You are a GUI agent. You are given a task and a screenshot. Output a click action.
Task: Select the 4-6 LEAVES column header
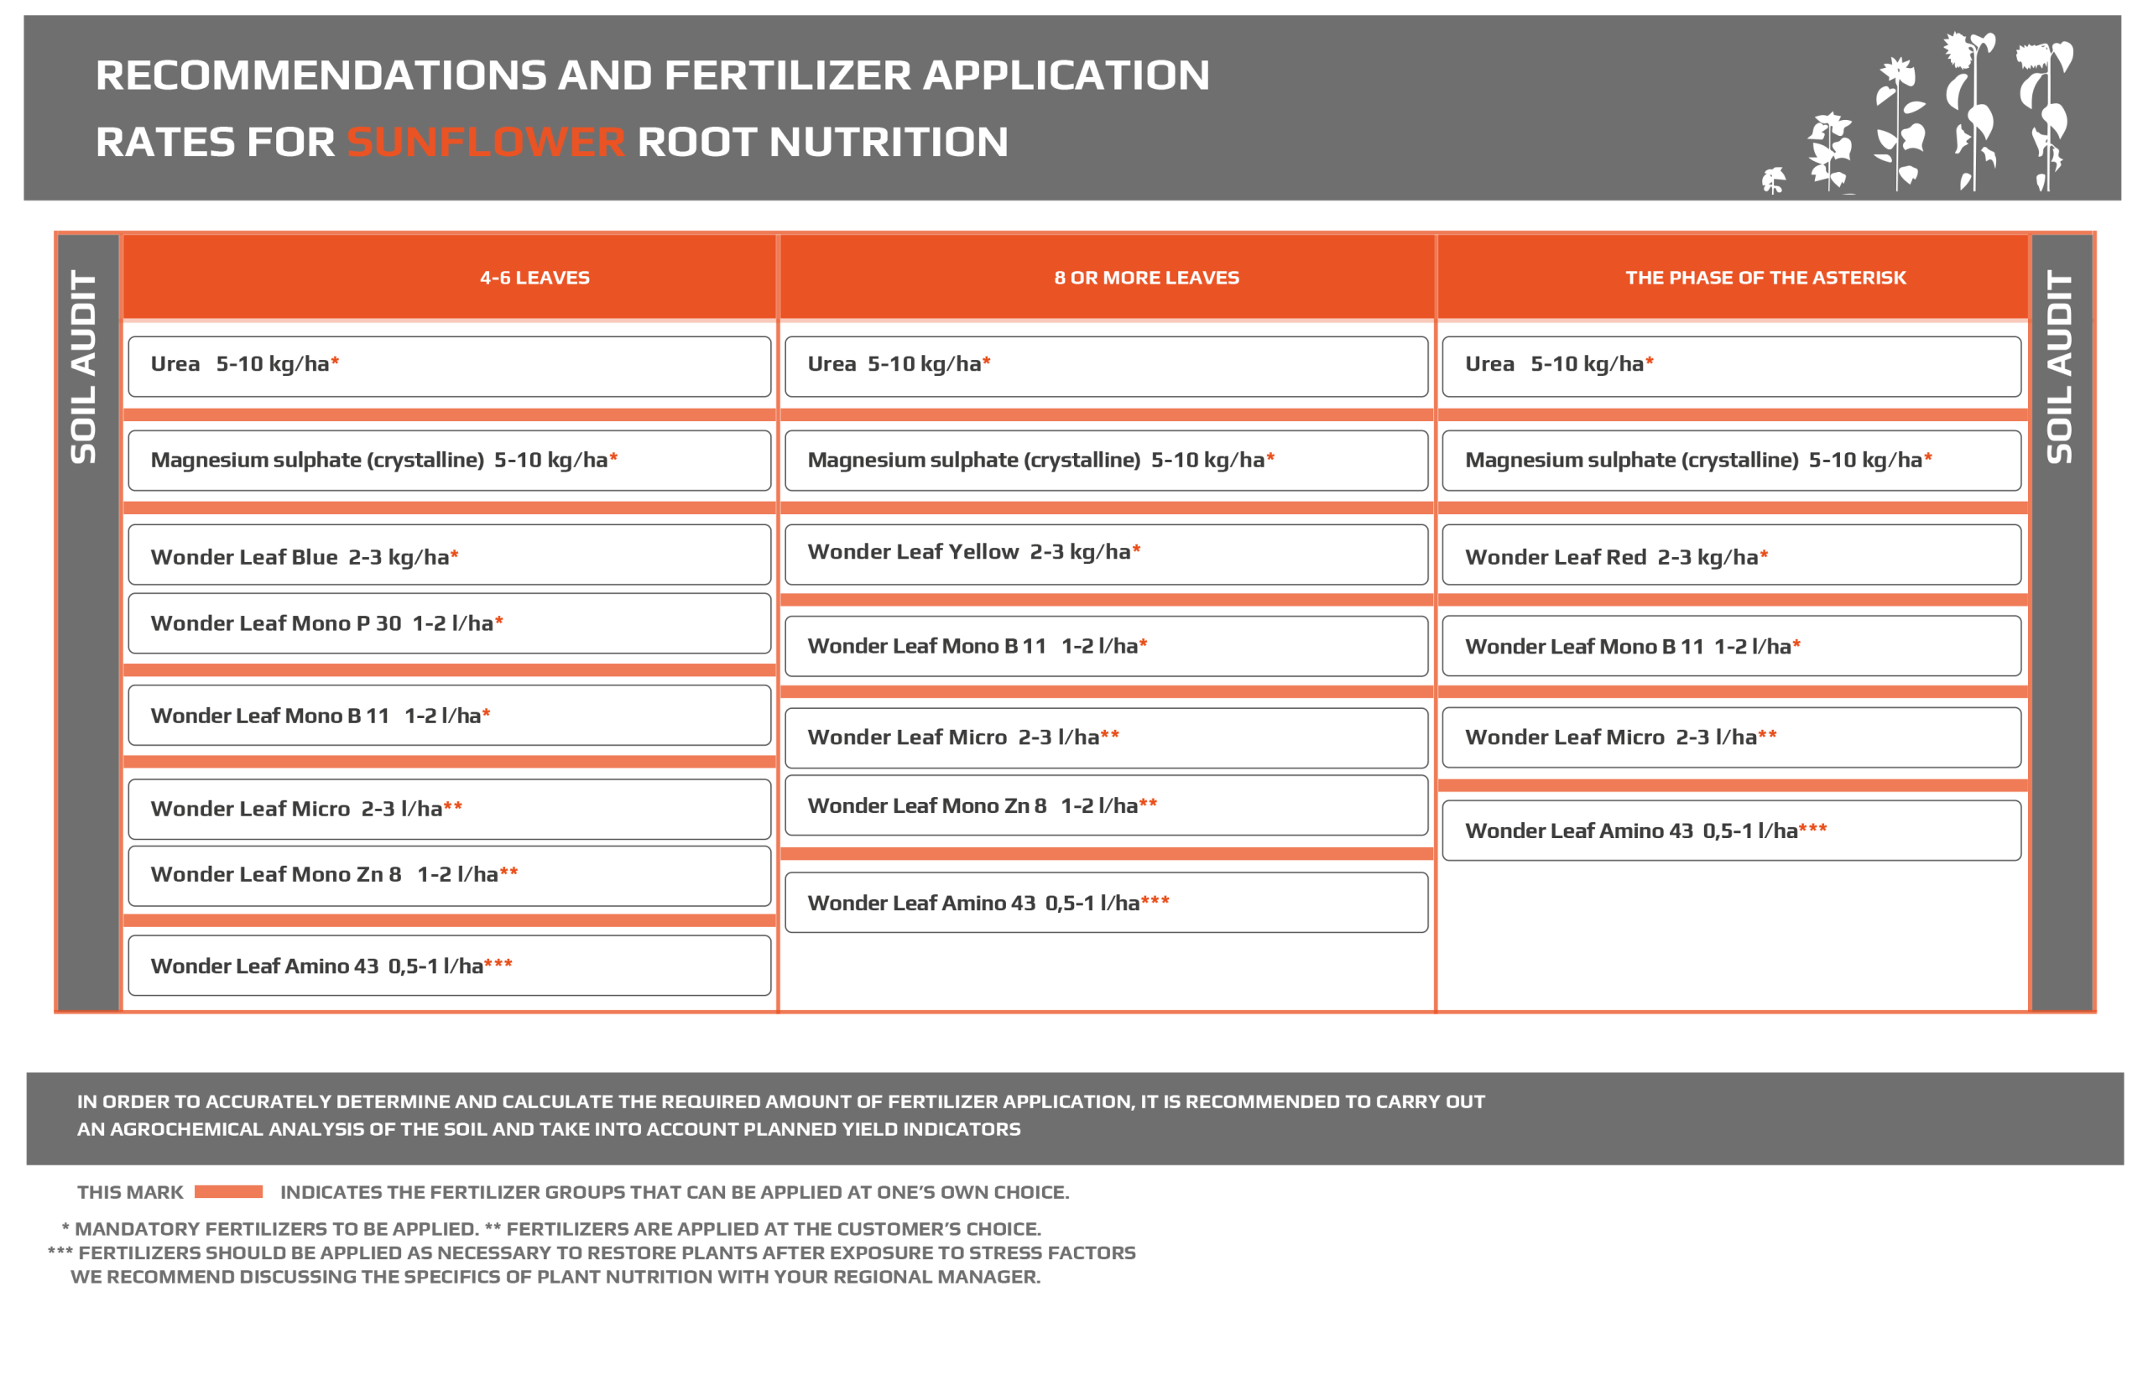click(x=534, y=278)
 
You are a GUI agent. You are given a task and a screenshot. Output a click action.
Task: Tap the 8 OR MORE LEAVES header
click(x=1145, y=278)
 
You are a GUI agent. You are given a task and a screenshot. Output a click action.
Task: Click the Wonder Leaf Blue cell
click(x=449, y=555)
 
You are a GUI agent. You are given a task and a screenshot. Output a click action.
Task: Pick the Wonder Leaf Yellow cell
click(x=1105, y=554)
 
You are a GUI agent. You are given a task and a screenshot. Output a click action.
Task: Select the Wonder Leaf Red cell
click(x=1730, y=555)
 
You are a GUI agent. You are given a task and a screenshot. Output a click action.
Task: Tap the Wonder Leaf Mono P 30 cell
click(x=449, y=623)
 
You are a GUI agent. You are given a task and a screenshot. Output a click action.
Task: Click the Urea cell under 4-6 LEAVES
click(x=449, y=366)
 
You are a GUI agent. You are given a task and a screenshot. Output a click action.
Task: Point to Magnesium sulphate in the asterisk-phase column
click(x=1730, y=460)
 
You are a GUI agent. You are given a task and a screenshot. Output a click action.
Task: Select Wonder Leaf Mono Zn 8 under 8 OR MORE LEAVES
click(x=1105, y=805)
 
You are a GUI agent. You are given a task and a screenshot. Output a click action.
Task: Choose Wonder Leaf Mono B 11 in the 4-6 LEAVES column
click(x=449, y=715)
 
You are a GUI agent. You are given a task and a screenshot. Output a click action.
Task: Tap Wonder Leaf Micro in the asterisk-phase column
click(x=1730, y=737)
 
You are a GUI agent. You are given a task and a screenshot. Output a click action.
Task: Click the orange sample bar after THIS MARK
click(x=228, y=1191)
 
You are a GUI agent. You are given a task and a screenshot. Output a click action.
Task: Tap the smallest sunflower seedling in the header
click(x=1772, y=180)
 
